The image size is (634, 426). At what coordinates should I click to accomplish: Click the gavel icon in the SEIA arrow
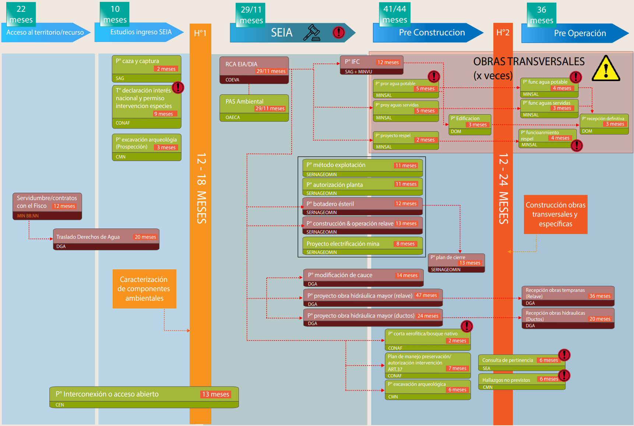pos(311,32)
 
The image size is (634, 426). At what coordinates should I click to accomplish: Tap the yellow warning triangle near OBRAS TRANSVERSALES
pos(606,69)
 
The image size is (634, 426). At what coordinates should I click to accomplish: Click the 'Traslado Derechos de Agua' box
pos(106,240)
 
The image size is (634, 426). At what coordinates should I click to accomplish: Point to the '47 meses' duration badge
pos(426,296)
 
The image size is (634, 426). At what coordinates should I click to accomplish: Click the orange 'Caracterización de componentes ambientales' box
pos(144,289)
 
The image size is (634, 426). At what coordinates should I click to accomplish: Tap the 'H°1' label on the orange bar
pos(200,33)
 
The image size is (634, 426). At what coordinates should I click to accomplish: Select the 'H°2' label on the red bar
pos(503,32)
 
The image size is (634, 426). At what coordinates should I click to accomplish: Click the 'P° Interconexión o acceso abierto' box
pos(144,397)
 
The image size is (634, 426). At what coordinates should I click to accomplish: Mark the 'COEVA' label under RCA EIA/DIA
pos(232,80)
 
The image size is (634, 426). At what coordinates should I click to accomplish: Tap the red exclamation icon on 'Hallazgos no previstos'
pos(564,376)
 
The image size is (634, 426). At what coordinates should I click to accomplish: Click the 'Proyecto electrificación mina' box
pos(362,246)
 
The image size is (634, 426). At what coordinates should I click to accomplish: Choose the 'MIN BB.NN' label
pos(28,216)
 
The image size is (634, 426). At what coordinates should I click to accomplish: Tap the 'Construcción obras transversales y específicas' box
pos(556,214)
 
